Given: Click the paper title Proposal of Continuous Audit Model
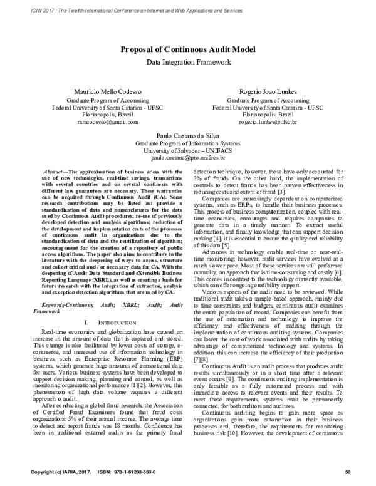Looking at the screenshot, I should (188, 51).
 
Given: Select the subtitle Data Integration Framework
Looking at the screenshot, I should (188, 63).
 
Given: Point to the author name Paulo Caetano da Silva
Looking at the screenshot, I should (188, 135).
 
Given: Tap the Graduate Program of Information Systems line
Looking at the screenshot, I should (188, 143).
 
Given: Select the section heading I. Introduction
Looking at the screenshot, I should (101, 321).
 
